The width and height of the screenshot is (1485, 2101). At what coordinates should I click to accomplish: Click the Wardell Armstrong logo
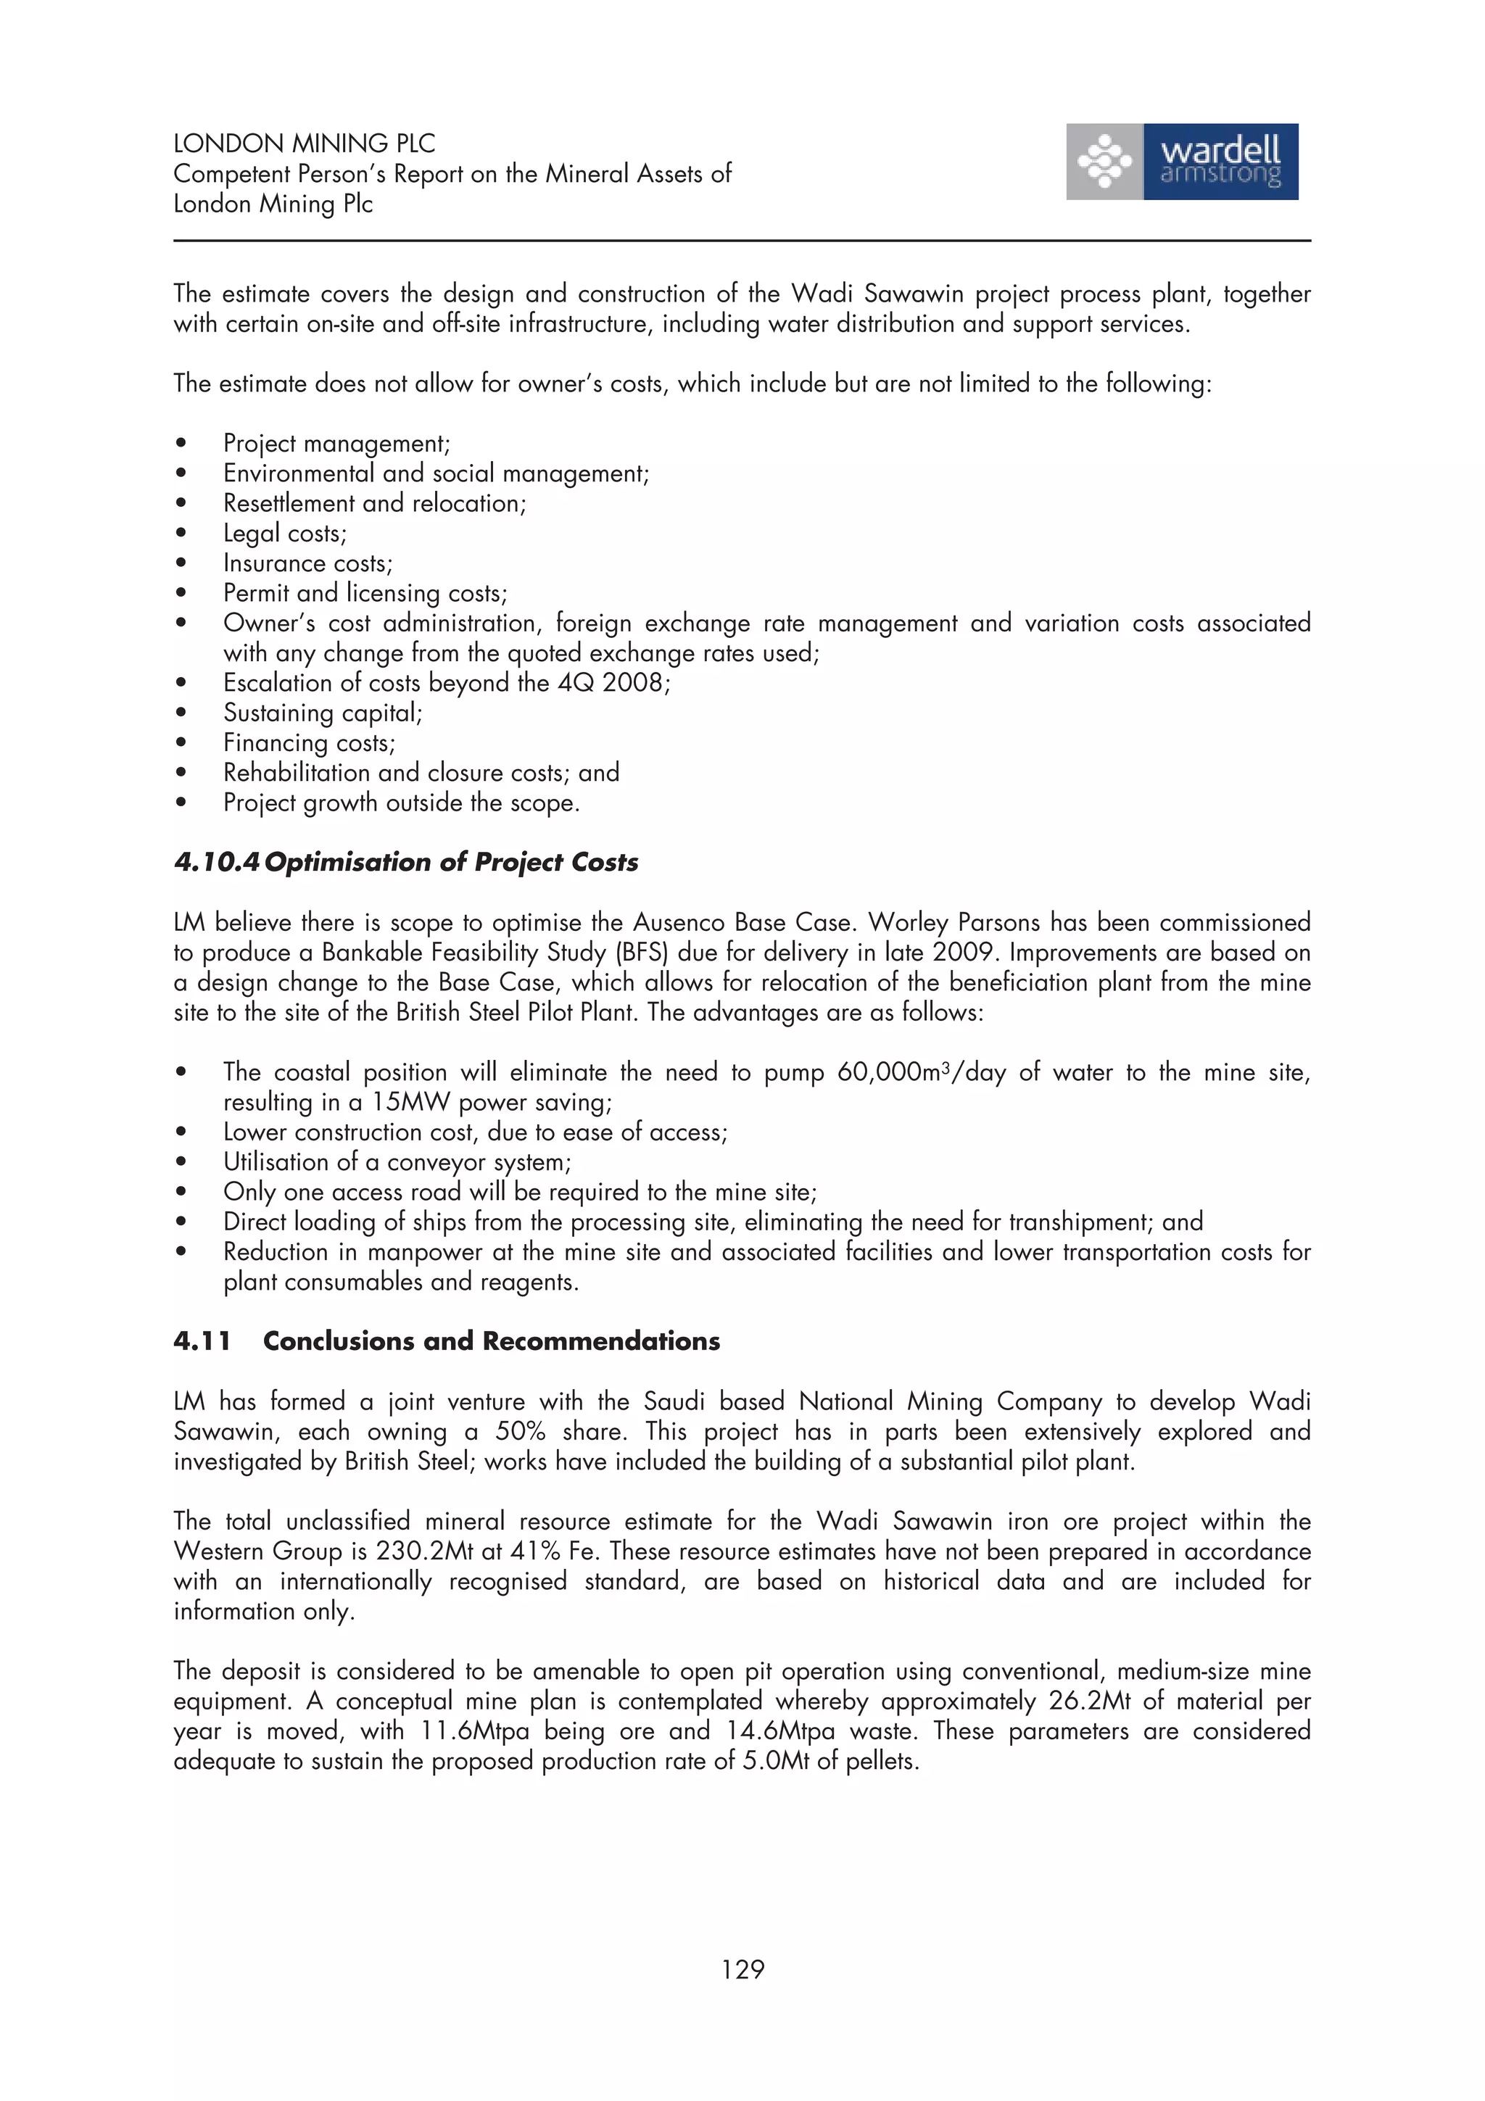point(1181,162)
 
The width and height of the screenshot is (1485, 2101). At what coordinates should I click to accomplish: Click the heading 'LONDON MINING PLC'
point(304,144)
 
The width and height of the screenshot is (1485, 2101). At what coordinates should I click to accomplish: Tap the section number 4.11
point(202,1340)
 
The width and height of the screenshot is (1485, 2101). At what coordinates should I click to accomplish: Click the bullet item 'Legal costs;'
point(284,534)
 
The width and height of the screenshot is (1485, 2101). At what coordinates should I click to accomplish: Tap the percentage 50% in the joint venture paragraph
point(521,1431)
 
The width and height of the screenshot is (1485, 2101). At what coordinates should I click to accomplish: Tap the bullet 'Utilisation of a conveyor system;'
point(396,1162)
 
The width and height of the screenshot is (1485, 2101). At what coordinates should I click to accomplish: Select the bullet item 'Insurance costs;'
point(307,564)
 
